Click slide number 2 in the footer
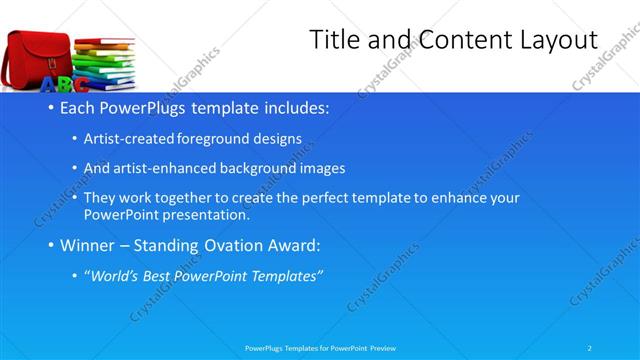coord(590,347)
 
